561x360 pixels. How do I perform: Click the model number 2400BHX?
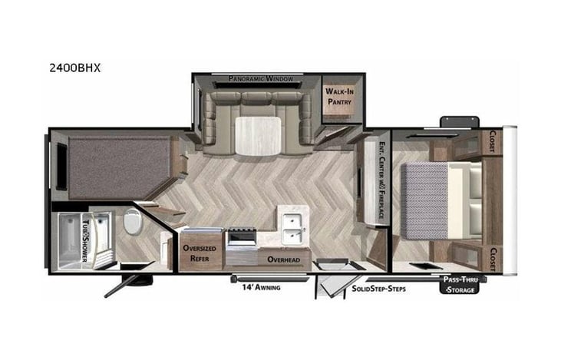(74, 68)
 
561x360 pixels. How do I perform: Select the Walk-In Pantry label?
(338, 95)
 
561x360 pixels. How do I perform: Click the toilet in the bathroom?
(132, 223)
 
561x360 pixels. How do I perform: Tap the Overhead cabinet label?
(282, 259)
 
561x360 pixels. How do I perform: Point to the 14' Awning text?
(257, 288)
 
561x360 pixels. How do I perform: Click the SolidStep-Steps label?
(378, 288)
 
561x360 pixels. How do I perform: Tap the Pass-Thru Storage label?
(460, 285)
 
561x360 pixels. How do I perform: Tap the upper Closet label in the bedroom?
(493, 142)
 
